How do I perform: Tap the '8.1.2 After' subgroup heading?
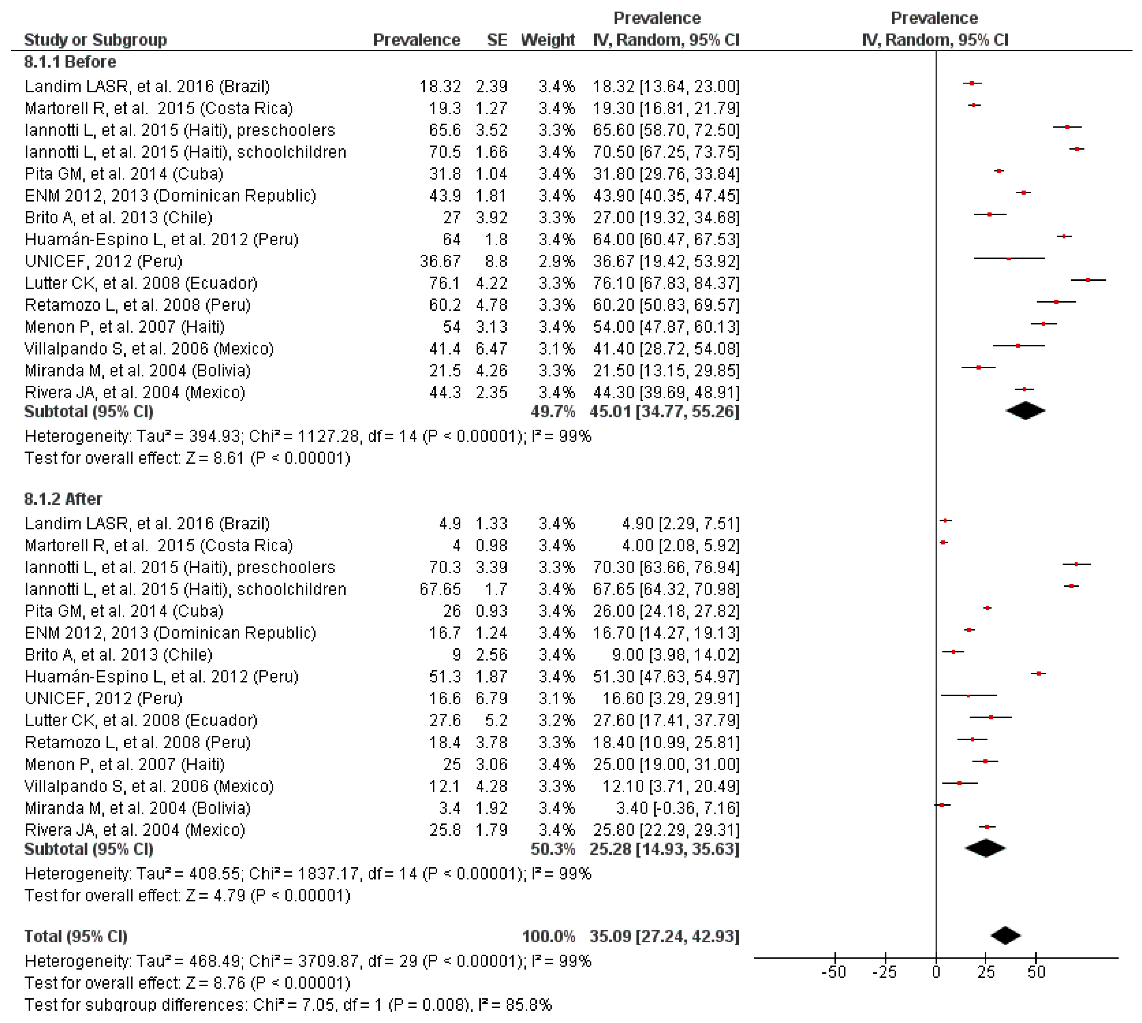tap(63, 499)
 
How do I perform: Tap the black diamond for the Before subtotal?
tap(1025, 411)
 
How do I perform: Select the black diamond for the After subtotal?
tap(985, 848)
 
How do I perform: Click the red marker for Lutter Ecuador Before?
tap(1088, 280)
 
